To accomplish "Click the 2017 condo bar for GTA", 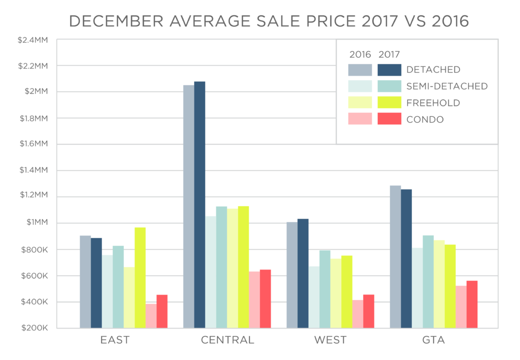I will coord(472,305).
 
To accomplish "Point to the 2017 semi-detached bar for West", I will coord(325,289).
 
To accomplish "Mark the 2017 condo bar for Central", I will coord(265,299).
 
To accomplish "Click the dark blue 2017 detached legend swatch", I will coord(389,70).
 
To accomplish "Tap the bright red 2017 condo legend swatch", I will coord(389,119).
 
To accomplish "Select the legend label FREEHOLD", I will coord(433,103).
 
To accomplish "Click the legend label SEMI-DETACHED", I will coord(447,86).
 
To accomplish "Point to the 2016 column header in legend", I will coord(360,54).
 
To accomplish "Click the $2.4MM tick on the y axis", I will coord(31,40).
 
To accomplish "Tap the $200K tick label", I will coord(34,328).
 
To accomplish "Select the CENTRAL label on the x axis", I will coord(227,340).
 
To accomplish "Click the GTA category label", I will coord(434,340).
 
